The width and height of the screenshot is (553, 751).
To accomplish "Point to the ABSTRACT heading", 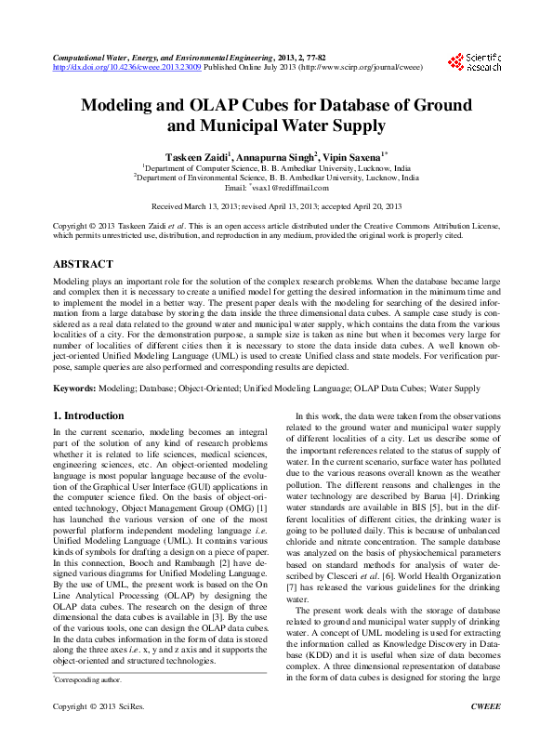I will pyautogui.click(x=84, y=264).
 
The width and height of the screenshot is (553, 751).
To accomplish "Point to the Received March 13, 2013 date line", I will pyautogui.click(x=276, y=205).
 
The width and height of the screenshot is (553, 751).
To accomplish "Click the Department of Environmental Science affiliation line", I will pyautogui.click(x=276, y=177).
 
